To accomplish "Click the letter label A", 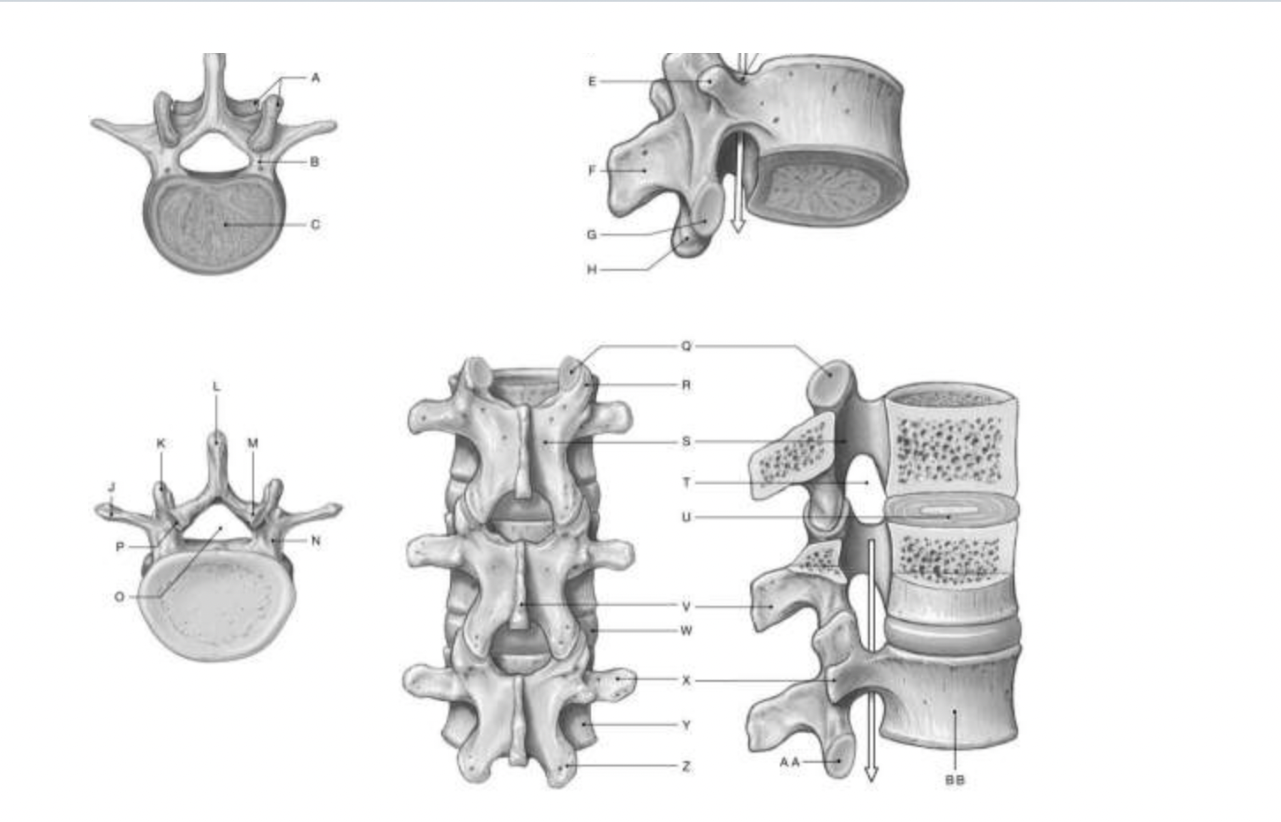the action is [x=315, y=78].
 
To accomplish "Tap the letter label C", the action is [x=315, y=224].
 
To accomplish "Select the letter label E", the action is [x=592, y=81].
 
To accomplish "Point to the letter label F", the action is [x=592, y=170].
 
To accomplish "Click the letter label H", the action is [x=592, y=269].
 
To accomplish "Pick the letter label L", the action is [x=216, y=387].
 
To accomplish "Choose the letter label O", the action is [x=119, y=597].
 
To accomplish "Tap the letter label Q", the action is [x=686, y=346].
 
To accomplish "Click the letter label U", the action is [x=686, y=517].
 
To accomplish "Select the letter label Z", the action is [x=686, y=766].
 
